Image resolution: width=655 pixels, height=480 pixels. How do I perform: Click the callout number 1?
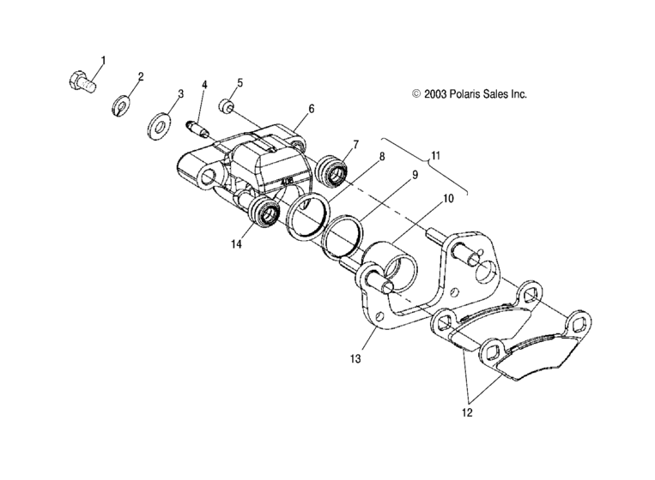click(104, 60)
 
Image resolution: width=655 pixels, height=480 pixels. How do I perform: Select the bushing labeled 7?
click(333, 171)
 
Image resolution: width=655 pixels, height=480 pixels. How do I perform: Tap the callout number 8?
click(381, 157)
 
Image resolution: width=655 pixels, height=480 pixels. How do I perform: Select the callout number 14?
click(235, 244)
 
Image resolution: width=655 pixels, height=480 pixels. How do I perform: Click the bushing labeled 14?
click(264, 214)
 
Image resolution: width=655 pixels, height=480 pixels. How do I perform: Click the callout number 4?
click(204, 84)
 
